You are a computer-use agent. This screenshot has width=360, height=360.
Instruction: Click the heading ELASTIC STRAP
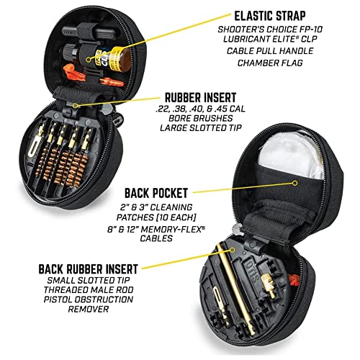click(270, 16)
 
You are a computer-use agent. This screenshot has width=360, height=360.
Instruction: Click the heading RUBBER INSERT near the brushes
click(200, 98)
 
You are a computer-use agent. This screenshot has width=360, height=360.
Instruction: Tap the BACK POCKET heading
click(156, 193)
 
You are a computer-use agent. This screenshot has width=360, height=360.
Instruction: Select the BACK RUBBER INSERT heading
click(88, 269)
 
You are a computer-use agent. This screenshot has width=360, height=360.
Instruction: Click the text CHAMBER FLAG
click(270, 63)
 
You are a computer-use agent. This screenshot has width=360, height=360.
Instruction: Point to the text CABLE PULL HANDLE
click(270, 51)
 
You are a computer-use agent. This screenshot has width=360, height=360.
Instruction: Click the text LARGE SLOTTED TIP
click(201, 128)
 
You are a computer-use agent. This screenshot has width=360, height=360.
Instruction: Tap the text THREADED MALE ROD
click(89, 289)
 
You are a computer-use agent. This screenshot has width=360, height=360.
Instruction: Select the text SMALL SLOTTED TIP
click(89, 280)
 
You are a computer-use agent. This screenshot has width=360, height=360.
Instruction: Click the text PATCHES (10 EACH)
click(156, 217)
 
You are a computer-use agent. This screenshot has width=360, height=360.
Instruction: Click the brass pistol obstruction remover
click(269, 285)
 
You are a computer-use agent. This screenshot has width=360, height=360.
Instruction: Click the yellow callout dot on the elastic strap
click(89, 59)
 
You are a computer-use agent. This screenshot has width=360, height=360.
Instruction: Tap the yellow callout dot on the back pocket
click(295, 183)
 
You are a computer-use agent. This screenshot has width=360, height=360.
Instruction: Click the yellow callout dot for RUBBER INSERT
click(75, 105)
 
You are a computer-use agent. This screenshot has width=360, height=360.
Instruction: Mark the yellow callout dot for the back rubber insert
click(232, 250)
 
